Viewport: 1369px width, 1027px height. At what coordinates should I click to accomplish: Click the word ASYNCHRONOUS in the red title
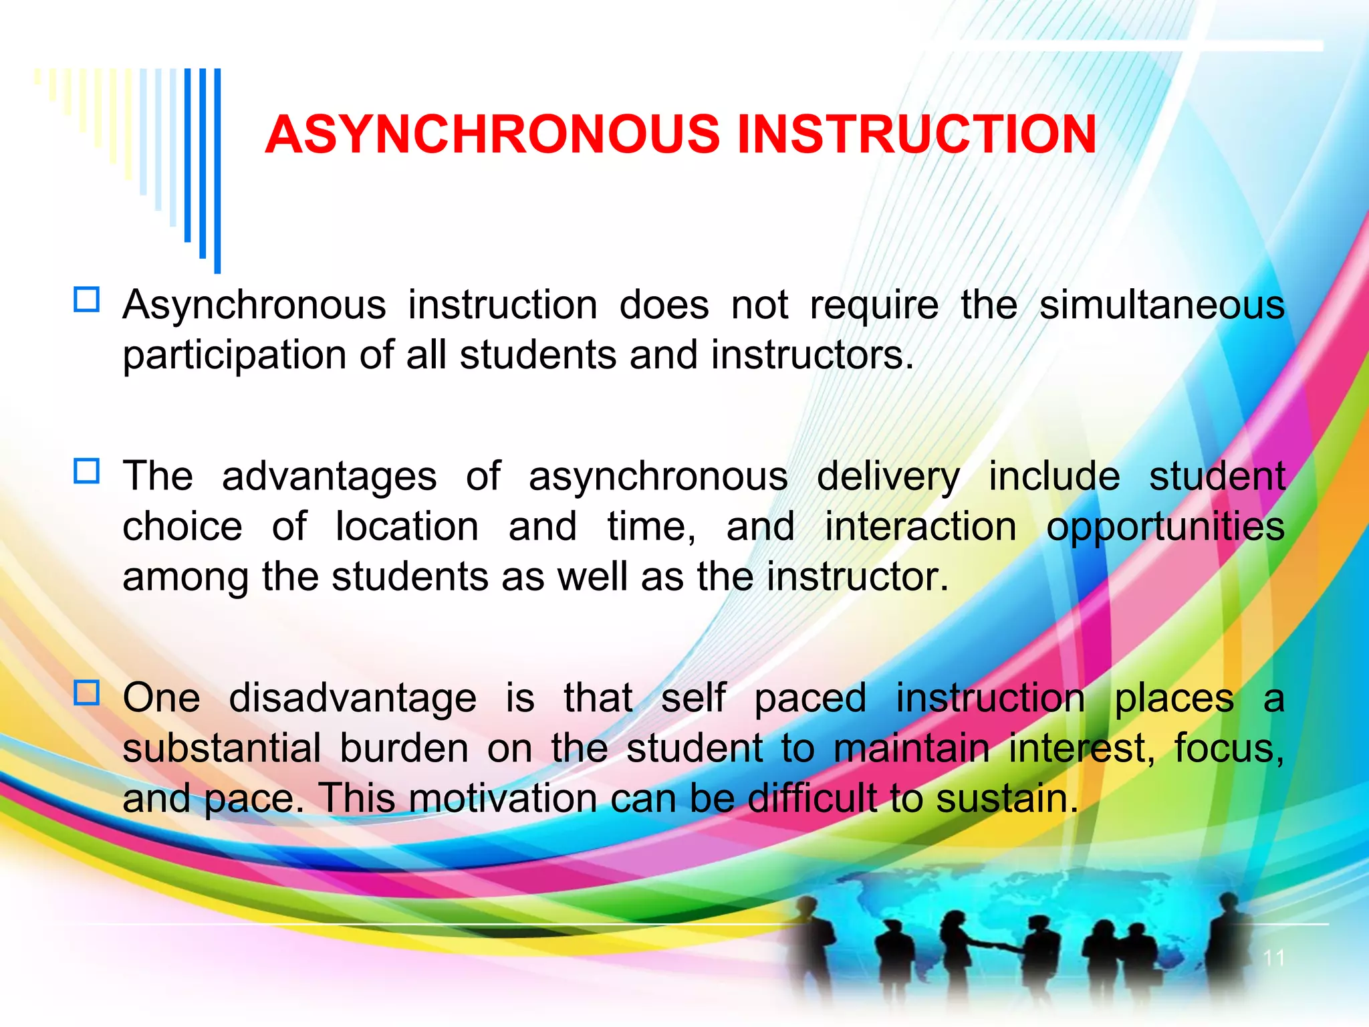tap(492, 134)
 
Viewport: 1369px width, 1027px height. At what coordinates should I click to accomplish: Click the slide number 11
tap(1274, 958)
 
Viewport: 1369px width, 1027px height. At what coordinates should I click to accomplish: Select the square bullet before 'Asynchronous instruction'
tap(87, 300)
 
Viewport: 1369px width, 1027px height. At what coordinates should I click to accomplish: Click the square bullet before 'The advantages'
tap(87, 471)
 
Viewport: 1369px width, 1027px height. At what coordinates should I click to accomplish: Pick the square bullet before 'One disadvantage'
tap(87, 693)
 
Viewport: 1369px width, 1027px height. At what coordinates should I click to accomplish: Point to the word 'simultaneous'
tap(1162, 306)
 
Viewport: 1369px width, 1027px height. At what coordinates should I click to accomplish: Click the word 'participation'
tap(235, 356)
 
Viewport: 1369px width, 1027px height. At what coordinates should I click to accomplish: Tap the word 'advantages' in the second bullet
tap(329, 477)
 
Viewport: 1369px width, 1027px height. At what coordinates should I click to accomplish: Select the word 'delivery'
tap(888, 477)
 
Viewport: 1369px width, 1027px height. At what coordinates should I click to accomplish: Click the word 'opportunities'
tap(1165, 528)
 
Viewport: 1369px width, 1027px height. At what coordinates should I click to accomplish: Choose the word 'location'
tap(407, 527)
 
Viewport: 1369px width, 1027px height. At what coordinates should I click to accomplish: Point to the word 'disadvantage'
tap(352, 699)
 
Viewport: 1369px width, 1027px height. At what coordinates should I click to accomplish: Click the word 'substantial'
tap(222, 748)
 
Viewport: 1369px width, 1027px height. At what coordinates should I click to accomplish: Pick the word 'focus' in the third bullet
tap(1227, 748)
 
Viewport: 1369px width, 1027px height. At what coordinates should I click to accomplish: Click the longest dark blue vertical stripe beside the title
tap(217, 170)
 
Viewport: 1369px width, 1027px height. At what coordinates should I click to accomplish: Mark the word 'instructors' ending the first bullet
tap(807, 355)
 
